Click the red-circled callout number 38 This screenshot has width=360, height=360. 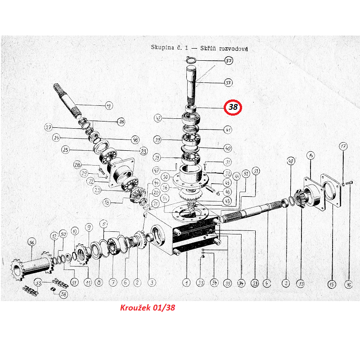[x=233, y=108]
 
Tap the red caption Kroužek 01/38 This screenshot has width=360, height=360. [x=147, y=308]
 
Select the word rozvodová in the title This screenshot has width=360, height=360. [x=233, y=48]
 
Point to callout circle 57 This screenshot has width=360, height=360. [x=229, y=61]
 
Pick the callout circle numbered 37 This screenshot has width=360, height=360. [x=228, y=82]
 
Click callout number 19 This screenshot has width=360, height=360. [x=108, y=106]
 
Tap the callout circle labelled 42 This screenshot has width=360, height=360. [x=157, y=119]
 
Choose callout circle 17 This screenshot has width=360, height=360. [x=343, y=146]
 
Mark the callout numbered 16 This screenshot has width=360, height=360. [x=348, y=284]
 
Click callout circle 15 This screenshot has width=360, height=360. [x=332, y=284]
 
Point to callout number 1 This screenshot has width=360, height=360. [x=186, y=283]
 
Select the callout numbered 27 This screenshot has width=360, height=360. [x=49, y=127]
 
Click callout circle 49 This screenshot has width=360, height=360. [x=291, y=161]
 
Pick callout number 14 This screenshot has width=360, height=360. [x=310, y=156]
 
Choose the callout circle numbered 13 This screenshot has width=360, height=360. [x=300, y=284]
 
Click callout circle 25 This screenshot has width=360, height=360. [x=66, y=150]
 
